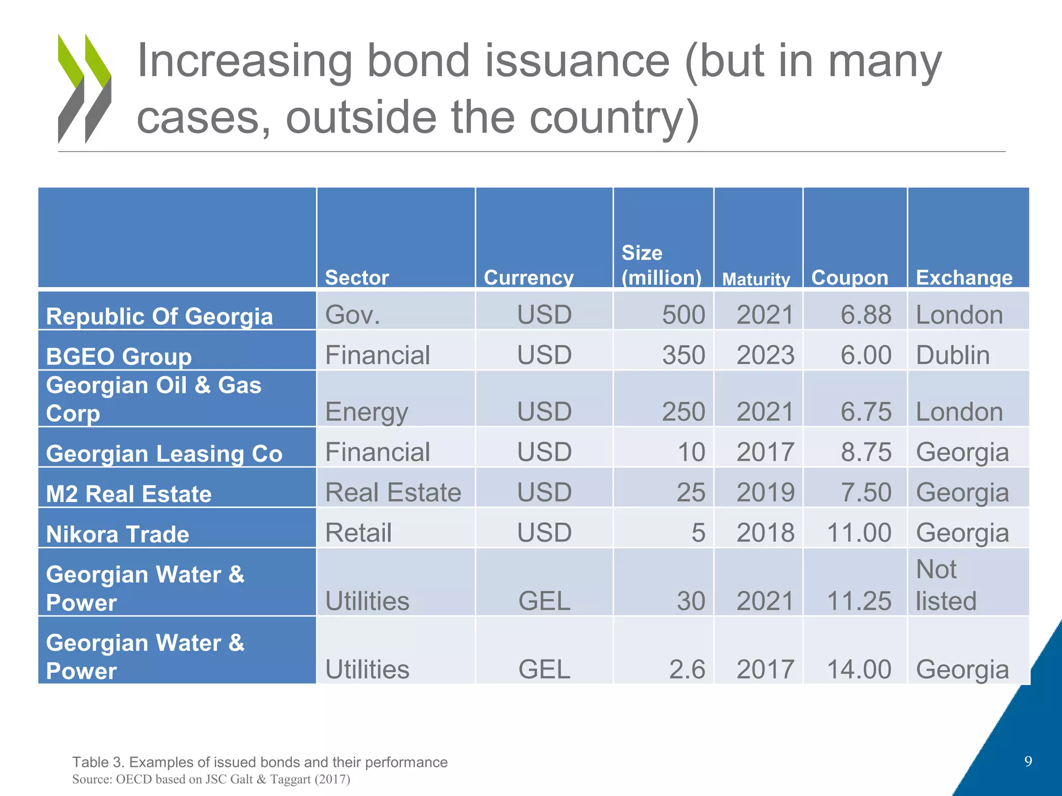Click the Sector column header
(x=357, y=278)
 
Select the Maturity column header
(x=756, y=279)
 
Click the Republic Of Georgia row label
(x=159, y=316)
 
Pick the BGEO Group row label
(x=119, y=357)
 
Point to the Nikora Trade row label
(x=118, y=534)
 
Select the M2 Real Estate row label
(x=129, y=494)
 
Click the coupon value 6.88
(x=865, y=315)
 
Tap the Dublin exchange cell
(x=953, y=356)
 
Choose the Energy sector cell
(x=367, y=412)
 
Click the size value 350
(x=683, y=356)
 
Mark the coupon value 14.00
(x=859, y=669)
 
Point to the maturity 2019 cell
(x=765, y=492)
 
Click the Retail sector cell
(x=358, y=533)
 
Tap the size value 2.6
(x=687, y=669)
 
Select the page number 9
(x=1028, y=761)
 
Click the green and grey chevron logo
(x=84, y=89)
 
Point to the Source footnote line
(x=211, y=779)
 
